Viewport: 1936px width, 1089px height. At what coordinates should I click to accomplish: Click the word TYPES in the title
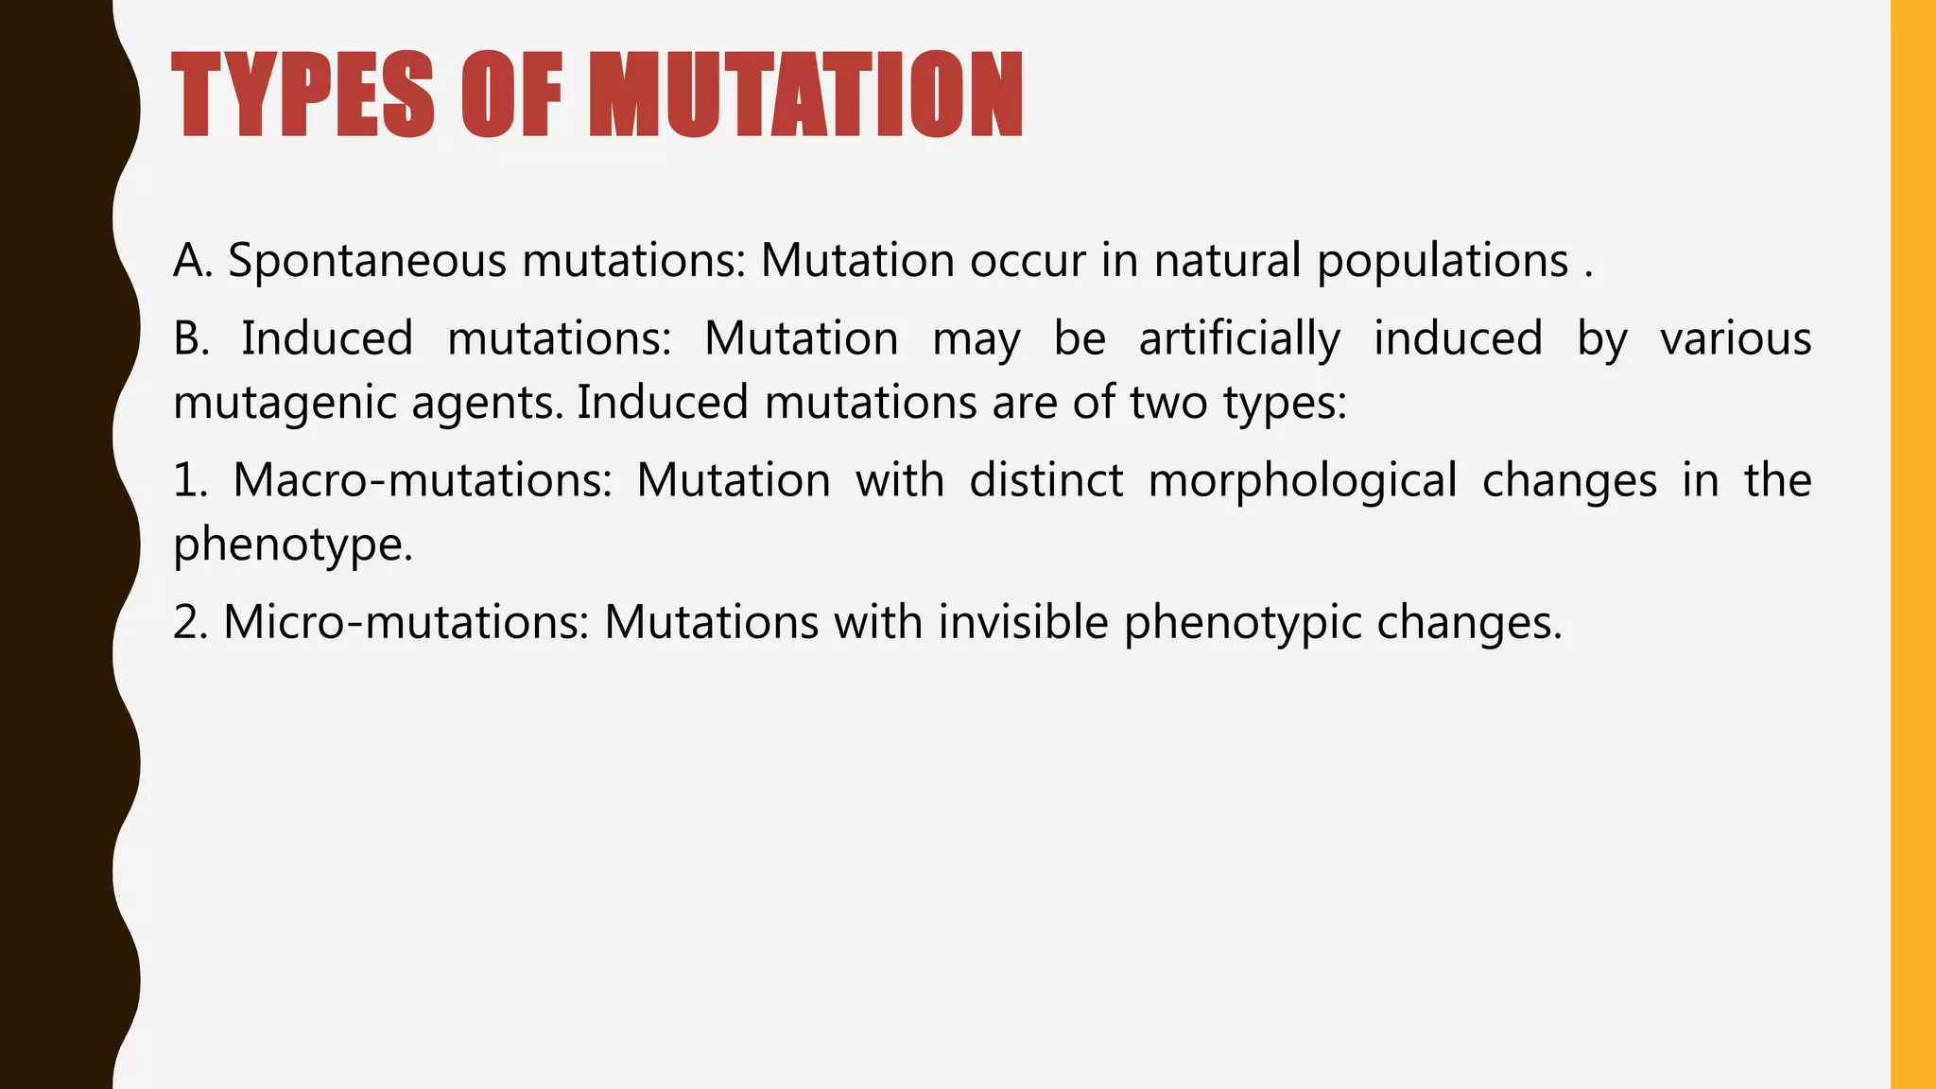pyautogui.click(x=303, y=95)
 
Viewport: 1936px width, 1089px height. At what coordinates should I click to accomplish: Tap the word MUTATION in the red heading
pyautogui.click(x=805, y=95)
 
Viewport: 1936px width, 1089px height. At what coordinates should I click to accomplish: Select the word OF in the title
pyautogui.click(x=511, y=95)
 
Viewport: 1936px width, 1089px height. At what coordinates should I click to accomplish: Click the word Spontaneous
pyautogui.click(x=368, y=261)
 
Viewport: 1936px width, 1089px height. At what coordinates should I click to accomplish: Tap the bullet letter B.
pyautogui.click(x=191, y=338)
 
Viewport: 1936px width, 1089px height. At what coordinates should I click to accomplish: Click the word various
pyautogui.click(x=1736, y=338)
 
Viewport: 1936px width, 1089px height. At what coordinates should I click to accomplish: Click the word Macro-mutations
pyautogui.click(x=423, y=480)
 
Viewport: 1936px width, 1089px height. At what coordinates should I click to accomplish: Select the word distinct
pyautogui.click(x=1046, y=480)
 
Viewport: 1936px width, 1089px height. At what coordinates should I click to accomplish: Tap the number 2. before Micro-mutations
pyautogui.click(x=190, y=622)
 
